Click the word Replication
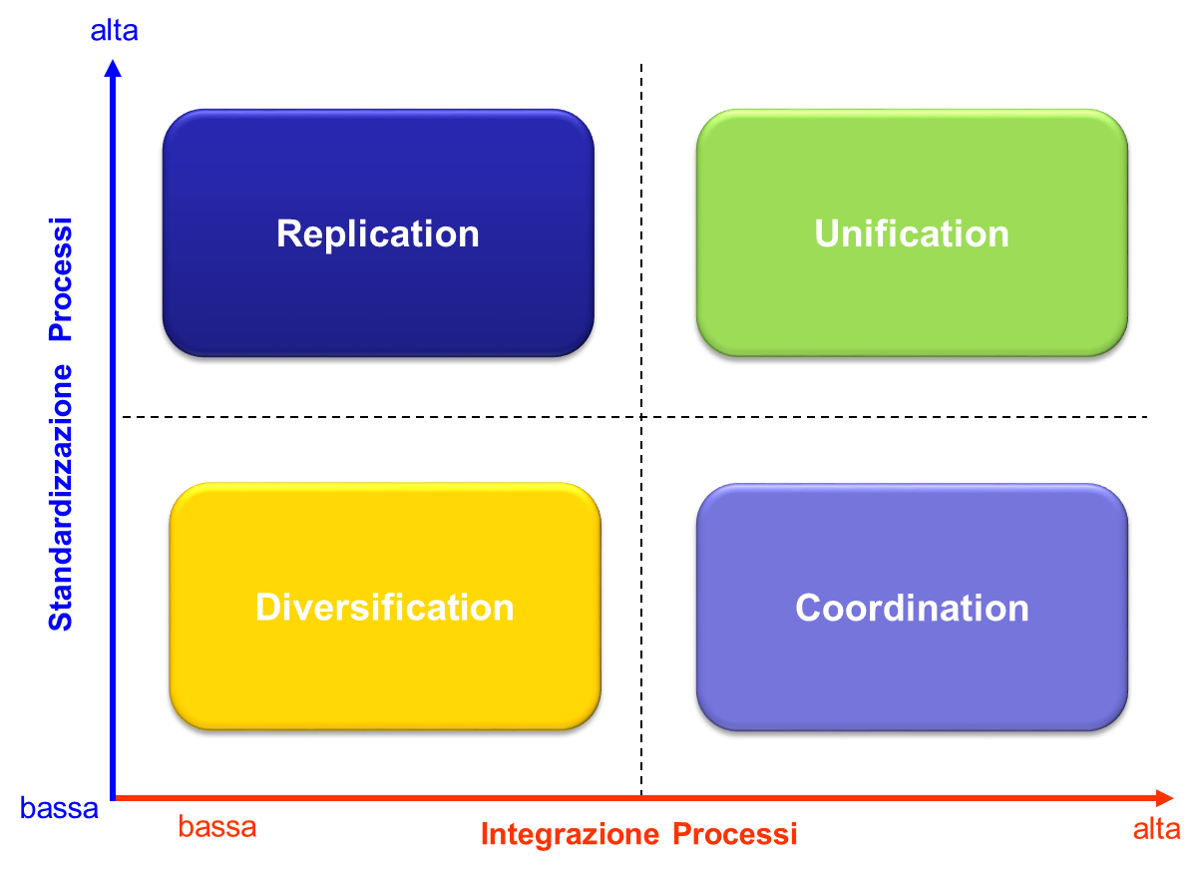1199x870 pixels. [378, 234]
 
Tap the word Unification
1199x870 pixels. [912, 234]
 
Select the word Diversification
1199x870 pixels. [385, 608]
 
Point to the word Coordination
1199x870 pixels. [912, 609]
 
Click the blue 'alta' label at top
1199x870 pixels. [114, 31]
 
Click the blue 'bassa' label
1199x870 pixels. [59, 808]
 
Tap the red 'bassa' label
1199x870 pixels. [217, 827]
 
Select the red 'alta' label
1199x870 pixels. [1157, 829]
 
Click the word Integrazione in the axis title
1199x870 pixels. [571, 835]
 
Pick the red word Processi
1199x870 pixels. [735, 834]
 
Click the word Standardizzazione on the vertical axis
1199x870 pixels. [61, 498]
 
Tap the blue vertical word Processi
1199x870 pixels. [61, 279]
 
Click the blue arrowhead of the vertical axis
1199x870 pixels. [113, 68]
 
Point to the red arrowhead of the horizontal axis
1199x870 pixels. [1165, 798]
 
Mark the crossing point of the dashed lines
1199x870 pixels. [641, 416]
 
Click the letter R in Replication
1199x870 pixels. [289, 233]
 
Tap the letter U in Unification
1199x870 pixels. [827, 234]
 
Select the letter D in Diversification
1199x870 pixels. [268, 608]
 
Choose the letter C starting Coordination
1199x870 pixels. [809, 609]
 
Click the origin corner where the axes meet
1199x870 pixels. [113, 798]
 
